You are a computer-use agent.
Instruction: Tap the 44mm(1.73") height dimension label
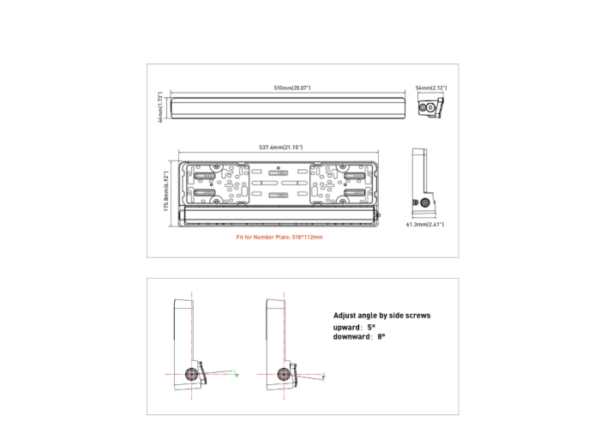pos(160,107)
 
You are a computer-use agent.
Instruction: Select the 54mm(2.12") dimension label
pos(431,87)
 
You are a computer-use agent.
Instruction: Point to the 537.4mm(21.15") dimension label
pos(280,148)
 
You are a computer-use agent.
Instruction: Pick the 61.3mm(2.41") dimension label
pos(425,225)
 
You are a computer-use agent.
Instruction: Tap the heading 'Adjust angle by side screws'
pos(381,316)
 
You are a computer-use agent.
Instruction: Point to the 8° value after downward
pos(381,337)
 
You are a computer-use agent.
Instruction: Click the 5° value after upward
pos(371,327)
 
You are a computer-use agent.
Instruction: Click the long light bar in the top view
pos(287,107)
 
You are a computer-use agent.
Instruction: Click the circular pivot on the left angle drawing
pos(191,373)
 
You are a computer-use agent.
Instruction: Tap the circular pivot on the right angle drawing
pos(282,373)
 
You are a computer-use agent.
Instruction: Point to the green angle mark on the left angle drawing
pos(236,375)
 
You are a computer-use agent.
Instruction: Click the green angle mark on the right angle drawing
pos(326,377)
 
